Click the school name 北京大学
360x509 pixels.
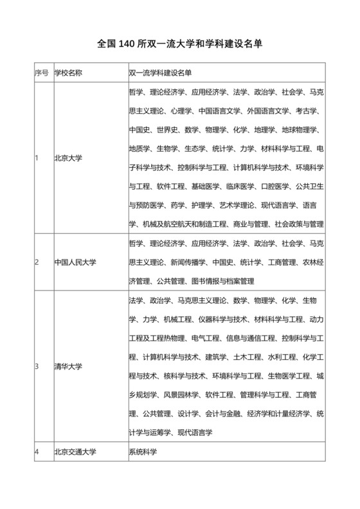point(67,157)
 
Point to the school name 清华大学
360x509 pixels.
point(67,366)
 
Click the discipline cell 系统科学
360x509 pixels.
point(143,452)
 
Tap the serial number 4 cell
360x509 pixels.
point(37,452)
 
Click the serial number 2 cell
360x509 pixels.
point(37,262)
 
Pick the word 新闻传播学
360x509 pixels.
point(188,262)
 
